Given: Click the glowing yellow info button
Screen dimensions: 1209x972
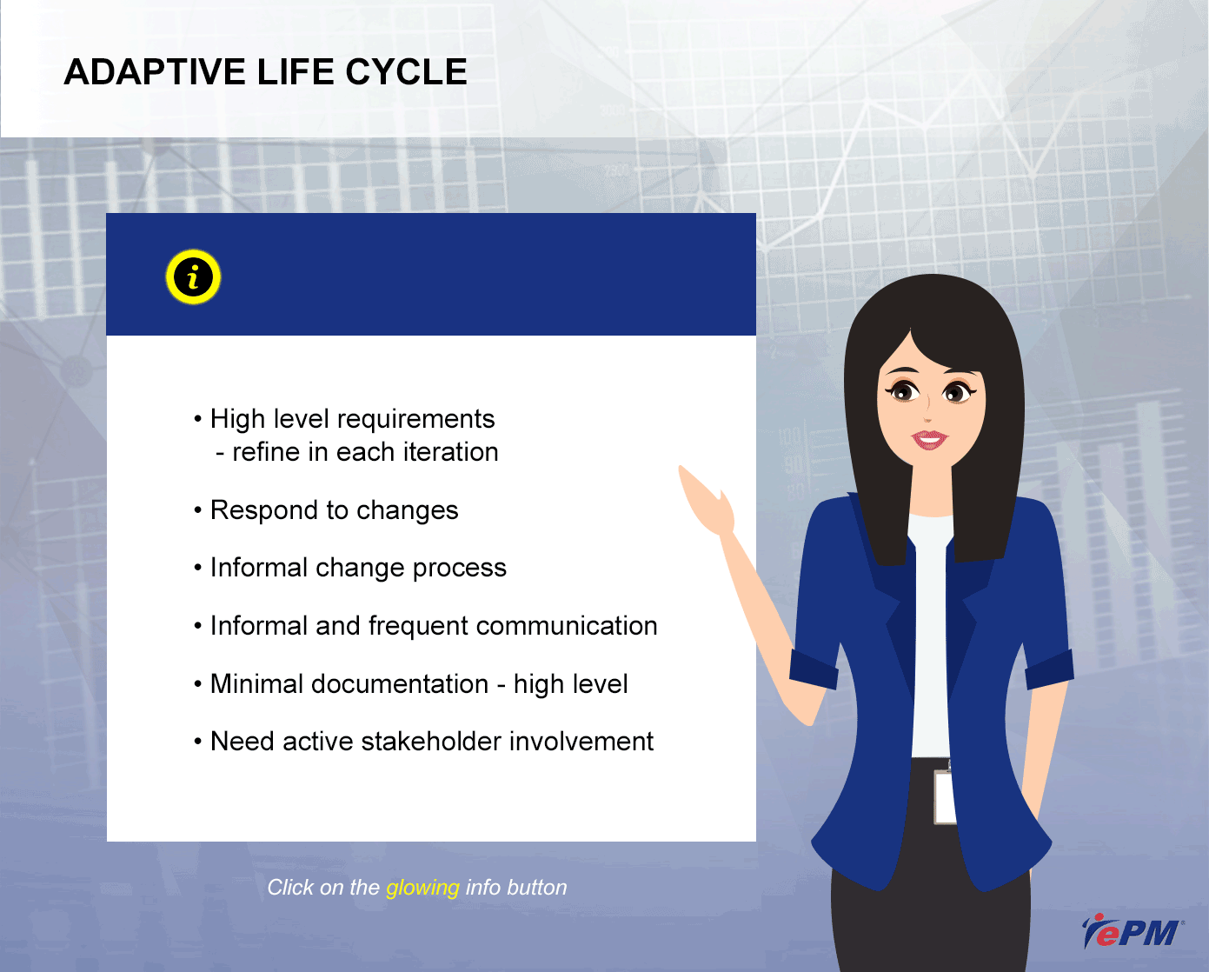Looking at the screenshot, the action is pos(193,277).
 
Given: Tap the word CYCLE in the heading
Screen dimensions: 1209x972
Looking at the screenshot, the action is pos(406,72).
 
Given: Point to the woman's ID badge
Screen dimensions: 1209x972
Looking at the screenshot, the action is pos(945,797).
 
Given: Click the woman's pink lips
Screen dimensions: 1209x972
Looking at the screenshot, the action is pos(929,439).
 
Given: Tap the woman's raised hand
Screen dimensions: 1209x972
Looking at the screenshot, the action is pos(707,500).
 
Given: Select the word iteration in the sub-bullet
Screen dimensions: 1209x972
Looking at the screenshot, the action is pos(450,452).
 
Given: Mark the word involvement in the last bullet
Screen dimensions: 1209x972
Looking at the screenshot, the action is pos(581,742).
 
